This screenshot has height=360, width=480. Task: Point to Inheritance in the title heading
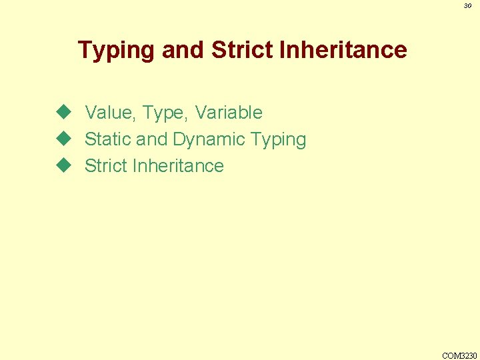342,50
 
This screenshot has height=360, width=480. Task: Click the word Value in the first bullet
110,113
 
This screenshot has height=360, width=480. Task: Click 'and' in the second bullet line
151,139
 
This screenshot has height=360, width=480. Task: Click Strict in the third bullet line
106,165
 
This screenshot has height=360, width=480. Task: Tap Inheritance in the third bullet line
178,165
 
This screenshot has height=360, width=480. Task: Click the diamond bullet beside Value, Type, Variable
63,112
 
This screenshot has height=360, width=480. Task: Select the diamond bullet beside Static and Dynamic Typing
63,139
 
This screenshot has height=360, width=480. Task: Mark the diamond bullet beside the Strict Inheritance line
63,165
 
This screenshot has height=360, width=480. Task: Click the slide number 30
467,6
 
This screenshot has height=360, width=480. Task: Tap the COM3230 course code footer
459,355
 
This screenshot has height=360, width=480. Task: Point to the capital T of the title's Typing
85,50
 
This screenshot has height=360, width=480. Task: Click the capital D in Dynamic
179,139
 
